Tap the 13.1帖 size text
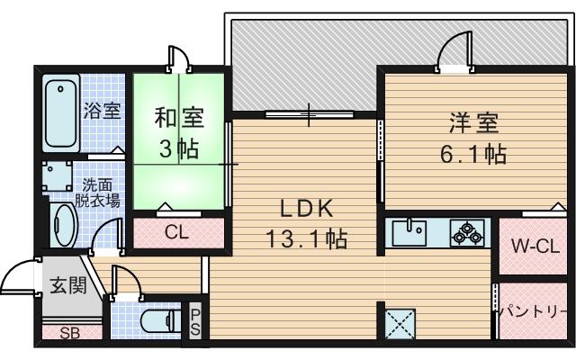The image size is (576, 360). click(x=306, y=239)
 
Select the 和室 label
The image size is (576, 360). click(x=178, y=117)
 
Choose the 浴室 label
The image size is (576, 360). click(x=102, y=111)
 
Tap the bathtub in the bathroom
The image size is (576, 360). click(x=61, y=115)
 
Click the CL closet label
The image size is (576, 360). click(x=176, y=231)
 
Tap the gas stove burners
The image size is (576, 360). click(x=468, y=233)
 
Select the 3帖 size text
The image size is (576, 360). click(x=178, y=148)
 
